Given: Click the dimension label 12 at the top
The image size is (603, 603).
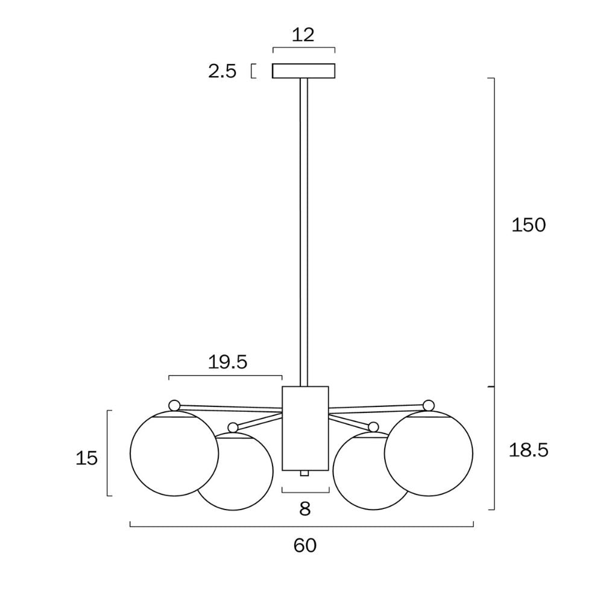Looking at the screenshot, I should (304, 34).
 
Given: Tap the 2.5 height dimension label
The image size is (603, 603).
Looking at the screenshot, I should (222, 72).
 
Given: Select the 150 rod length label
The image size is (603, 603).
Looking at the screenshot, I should (528, 225).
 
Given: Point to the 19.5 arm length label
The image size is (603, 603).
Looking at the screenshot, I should (228, 362).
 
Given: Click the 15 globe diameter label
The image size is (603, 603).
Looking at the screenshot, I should (87, 458).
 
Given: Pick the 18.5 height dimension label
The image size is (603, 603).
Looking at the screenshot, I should (528, 450).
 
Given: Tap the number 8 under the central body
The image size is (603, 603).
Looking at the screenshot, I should (305, 510).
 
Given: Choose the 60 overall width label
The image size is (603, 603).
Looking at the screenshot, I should (305, 546).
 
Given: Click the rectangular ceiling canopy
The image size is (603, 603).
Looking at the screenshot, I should (304, 71).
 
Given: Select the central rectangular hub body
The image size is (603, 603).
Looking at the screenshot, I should (305, 428).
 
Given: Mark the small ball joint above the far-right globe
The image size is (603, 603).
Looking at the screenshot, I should (429, 405).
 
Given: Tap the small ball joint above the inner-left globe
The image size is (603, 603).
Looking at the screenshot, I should (233, 427).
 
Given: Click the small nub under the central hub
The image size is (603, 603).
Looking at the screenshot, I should (305, 474).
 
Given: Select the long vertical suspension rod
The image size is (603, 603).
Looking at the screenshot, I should (304, 229).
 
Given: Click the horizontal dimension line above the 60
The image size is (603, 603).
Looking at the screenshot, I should (301, 526).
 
